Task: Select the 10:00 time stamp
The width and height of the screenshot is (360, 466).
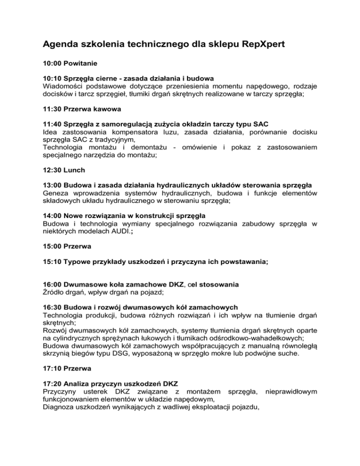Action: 52,62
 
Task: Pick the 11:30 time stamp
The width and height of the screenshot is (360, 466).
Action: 52,111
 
